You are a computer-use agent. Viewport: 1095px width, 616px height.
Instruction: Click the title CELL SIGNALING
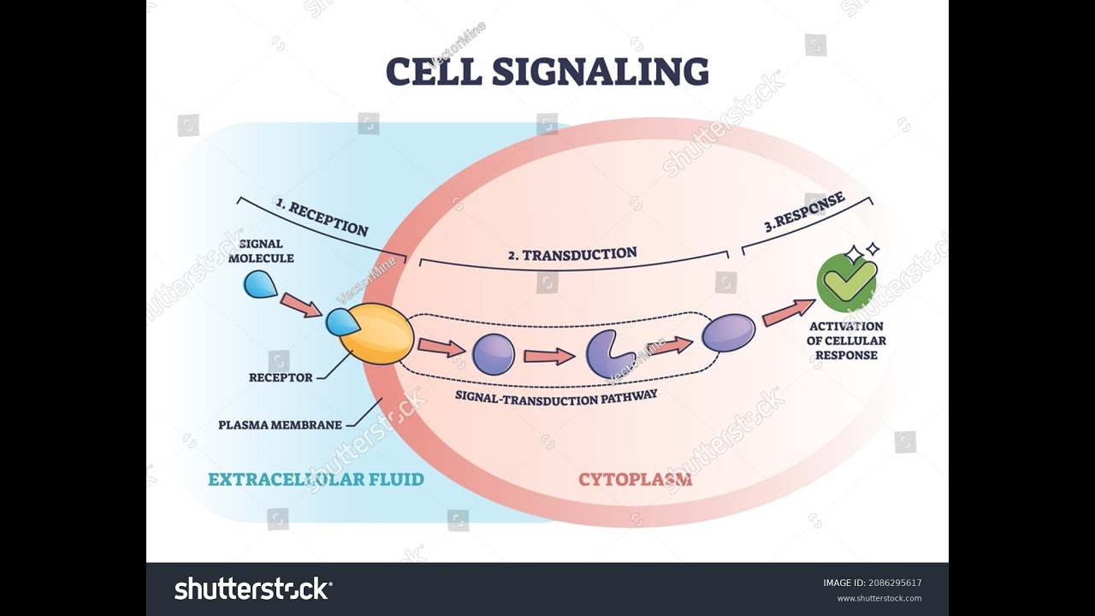[x=547, y=72]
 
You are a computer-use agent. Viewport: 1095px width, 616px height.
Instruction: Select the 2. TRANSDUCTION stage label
[x=572, y=254]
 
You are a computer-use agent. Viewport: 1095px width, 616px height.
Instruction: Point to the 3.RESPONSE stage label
[x=804, y=212]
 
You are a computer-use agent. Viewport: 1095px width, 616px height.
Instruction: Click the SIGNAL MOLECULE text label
[x=261, y=251]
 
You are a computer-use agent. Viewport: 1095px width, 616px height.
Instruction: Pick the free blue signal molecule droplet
[x=259, y=284]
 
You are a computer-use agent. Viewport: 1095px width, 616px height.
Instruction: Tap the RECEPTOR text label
[x=281, y=377]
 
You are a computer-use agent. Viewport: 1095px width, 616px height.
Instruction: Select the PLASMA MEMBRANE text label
[x=280, y=424]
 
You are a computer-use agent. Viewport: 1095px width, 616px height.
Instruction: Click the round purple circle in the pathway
[x=494, y=354]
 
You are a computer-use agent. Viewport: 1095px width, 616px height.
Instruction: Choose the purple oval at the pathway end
[x=729, y=333]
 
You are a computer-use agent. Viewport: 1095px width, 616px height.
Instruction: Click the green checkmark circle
[x=846, y=283]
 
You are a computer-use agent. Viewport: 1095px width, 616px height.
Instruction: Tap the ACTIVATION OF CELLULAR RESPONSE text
[x=845, y=341]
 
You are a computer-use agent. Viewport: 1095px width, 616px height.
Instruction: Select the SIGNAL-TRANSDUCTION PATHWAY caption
[x=556, y=396]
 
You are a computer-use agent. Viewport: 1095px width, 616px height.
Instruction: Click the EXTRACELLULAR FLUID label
[x=316, y=479]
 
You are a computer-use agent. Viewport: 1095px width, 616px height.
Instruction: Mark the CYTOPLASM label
[x=635, y=479]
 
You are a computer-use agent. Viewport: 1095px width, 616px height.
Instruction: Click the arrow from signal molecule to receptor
[x=300, y=305]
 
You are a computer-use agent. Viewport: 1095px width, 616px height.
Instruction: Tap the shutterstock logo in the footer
[x=253, y=589]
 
